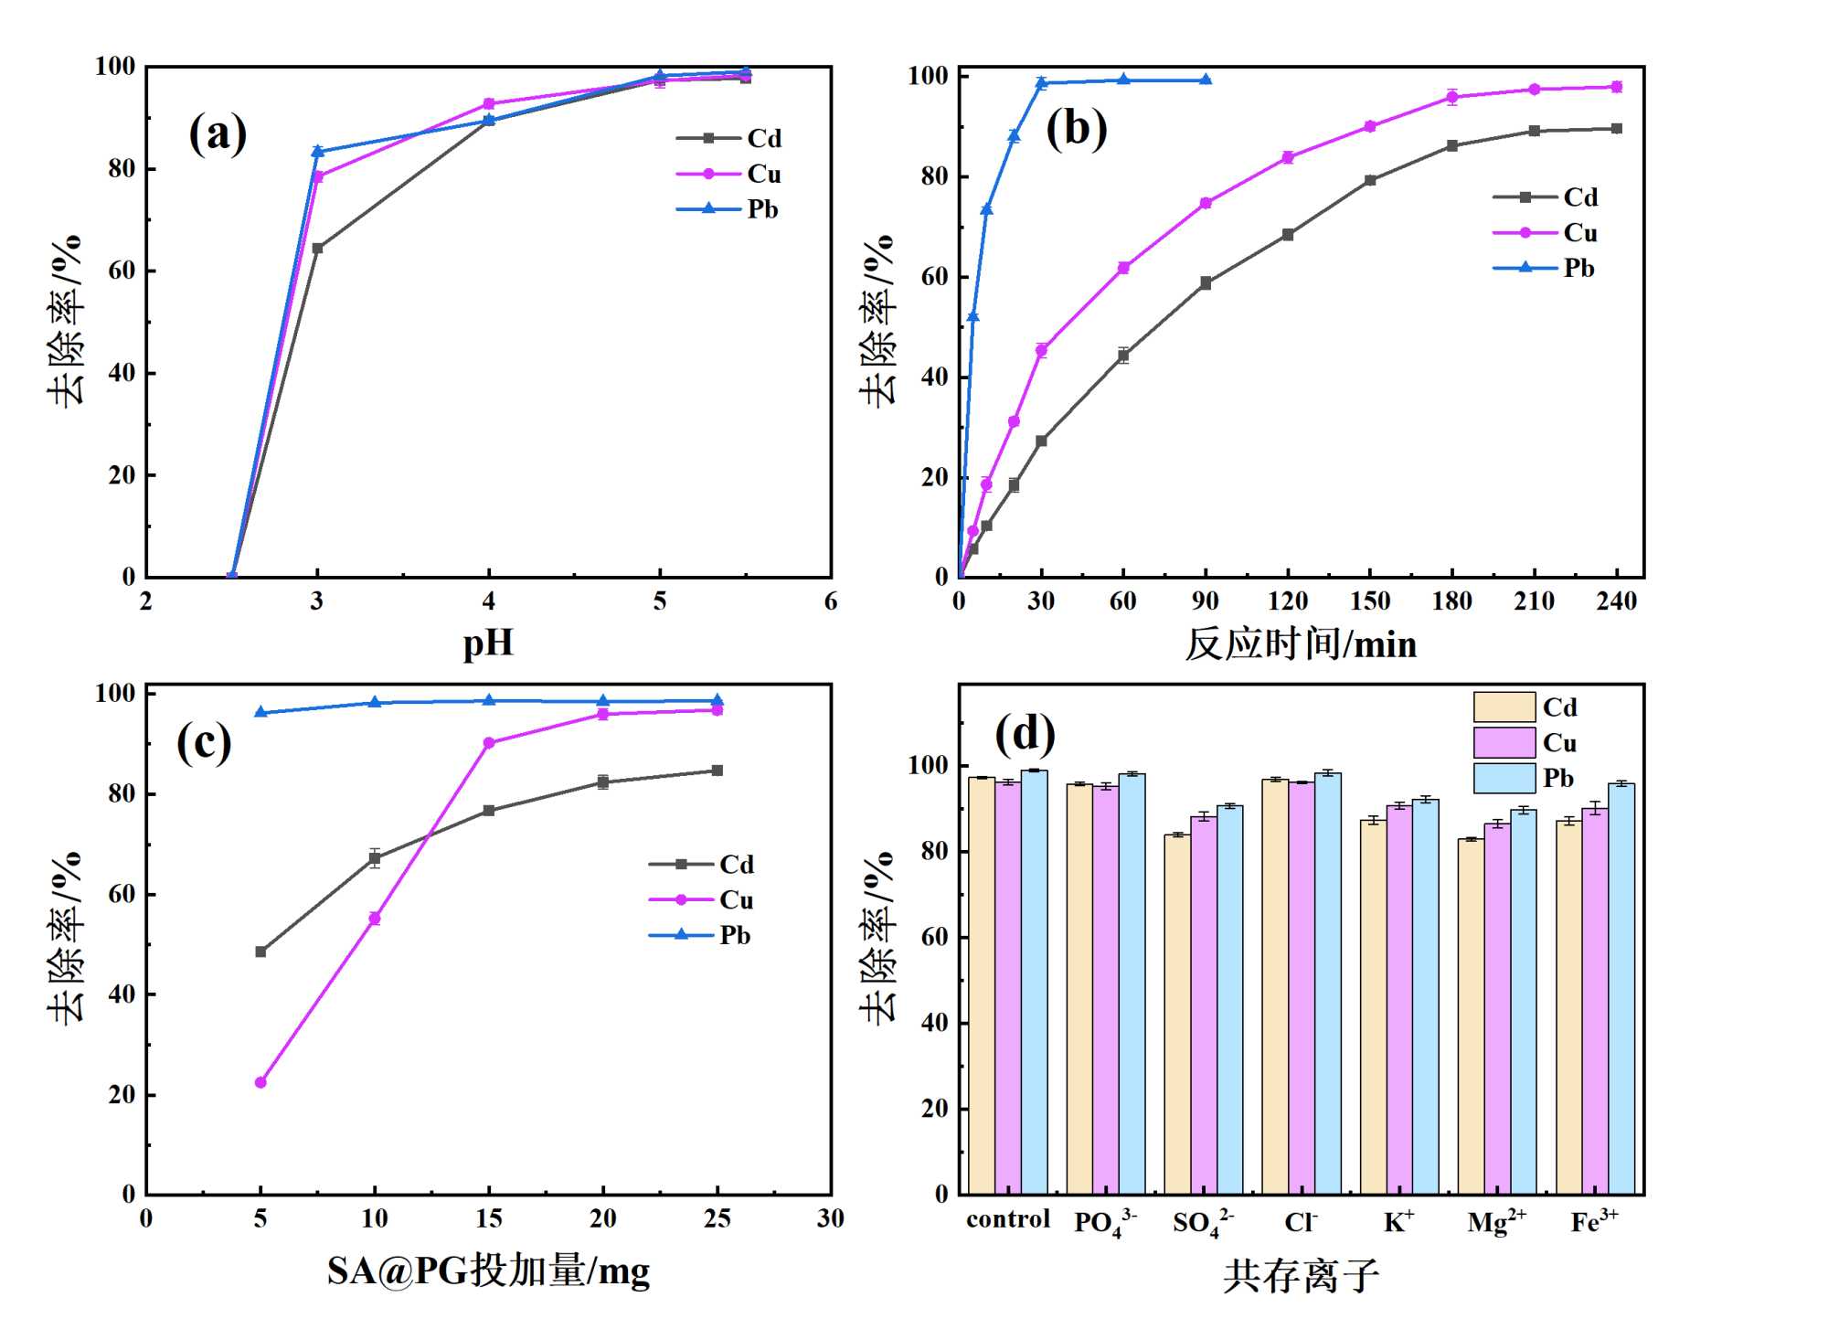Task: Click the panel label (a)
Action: pyautogui.click(x=218, y=134)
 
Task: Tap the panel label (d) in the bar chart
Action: pyautogui.click(x=1025, y=734)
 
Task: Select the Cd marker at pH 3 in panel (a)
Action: pyautogui.click(x=317, y=248)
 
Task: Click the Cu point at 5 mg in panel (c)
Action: pyautogui.click(x=260, y=1082)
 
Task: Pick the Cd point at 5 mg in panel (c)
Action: pyautogui.click(x=260, y=952)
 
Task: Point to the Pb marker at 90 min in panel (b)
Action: pyautogui.click(x=1206, y=80)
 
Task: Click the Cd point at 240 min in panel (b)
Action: pyautogui.click(x=1616, y=129)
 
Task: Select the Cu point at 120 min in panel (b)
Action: pyautogui.click(x=1288, y=157)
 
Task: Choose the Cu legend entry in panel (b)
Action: pyautogui.click(x=1546, y=233)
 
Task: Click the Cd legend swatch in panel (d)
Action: pyautogui.click(x=1504, y=707)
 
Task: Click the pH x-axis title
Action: pyautogui.click(x=488, y=643)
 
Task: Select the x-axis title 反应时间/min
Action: pyautogui.click(x=1301, y=644)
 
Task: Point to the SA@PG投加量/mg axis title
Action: pyautogui.click(x=488, y=1271)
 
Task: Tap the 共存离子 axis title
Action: pyautogui.click(x=1301, y=1275)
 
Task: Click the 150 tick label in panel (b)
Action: pyautogui.click(x=1369, y=601)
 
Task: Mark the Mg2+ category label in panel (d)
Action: pyautogui.click(x=1496, y=1222)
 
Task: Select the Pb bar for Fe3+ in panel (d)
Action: pyautogui.click(x=1621, y=989)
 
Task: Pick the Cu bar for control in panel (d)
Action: pyautogui.click(x=1007, y=987)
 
